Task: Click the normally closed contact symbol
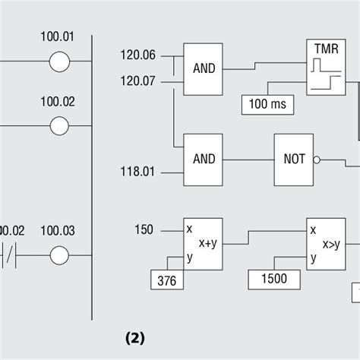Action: pyautogui.click(x=9, y=255)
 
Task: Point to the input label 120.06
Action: pyautogui.click(x=138, y=55)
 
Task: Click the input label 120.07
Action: pyautogui.click(x=137, y=81)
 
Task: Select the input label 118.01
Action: pyautogui.click(x=137, y=172)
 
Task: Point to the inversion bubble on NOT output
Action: pyautogui.click(x=317, y=160)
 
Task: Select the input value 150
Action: pyautogui.click(x=144, y=230)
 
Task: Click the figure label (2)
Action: pyautogui.click(x=135, y=338)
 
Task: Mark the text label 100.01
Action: pyautogui.click(x=58, y=36)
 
